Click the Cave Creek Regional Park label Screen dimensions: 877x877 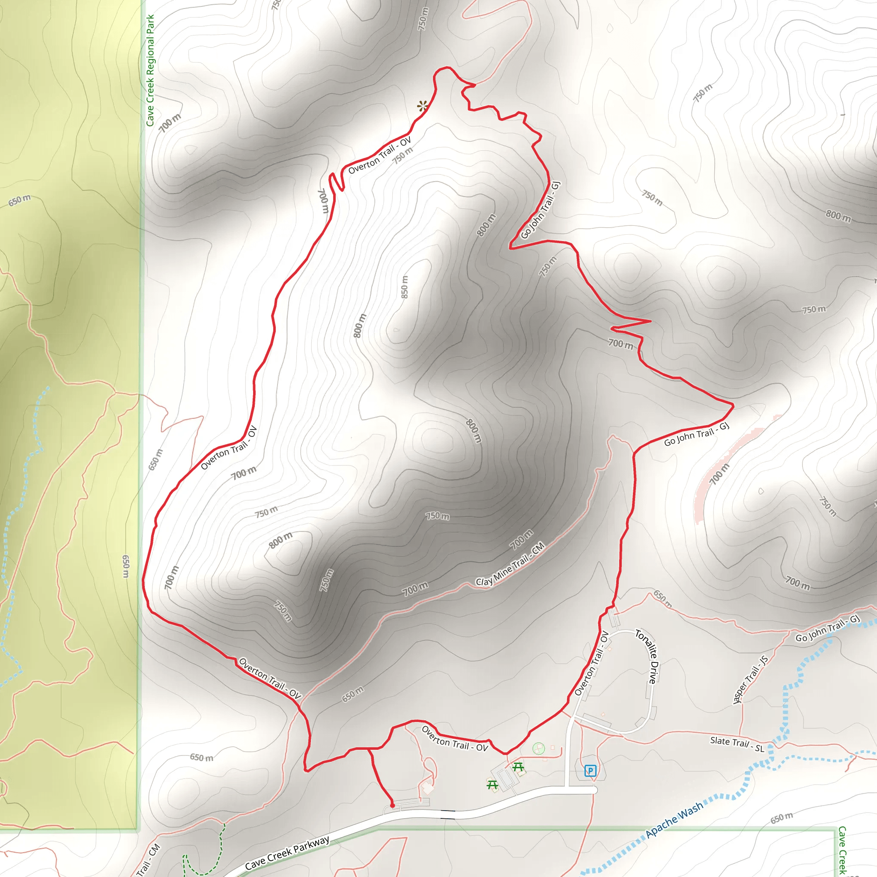150,70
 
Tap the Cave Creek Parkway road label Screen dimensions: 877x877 287,853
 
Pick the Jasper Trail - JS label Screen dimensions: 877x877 750,679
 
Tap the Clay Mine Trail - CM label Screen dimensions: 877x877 510,565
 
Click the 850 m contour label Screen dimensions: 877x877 404,287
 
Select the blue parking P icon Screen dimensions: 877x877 590,770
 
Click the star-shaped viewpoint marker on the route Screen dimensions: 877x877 423,107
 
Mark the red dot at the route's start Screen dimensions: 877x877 393,806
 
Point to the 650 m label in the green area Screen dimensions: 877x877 20,200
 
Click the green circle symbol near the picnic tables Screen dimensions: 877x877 538,748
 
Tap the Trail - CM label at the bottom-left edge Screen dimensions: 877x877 149,860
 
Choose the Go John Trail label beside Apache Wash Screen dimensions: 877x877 827,628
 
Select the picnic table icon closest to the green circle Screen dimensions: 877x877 519,767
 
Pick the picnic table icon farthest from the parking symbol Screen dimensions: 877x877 492,785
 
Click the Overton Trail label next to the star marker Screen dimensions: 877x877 380,155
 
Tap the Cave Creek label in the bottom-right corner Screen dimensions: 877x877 842,850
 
